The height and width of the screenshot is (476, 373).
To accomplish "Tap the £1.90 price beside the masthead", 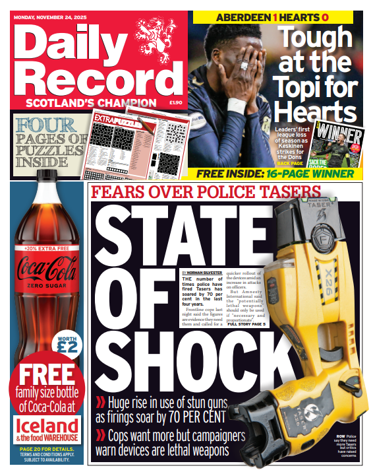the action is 175,103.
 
